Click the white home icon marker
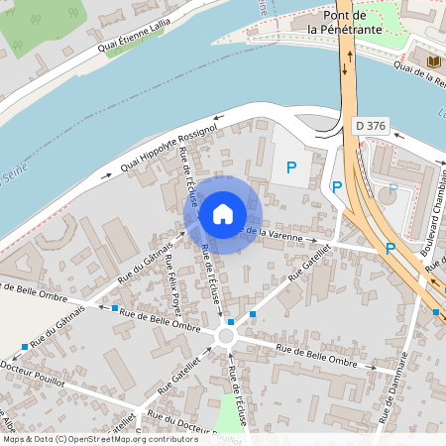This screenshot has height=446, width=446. coord(223,214)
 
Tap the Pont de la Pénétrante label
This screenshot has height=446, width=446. coord(344,23)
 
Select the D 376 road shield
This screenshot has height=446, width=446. coord(371,127)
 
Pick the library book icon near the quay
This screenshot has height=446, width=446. coord(433,61)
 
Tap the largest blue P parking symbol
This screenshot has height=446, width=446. coord(290,168)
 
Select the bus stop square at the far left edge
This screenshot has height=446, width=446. coord(24,347)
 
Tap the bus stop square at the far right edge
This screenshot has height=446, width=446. coord(437,312)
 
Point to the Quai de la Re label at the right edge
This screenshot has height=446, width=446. coord(419,73)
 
